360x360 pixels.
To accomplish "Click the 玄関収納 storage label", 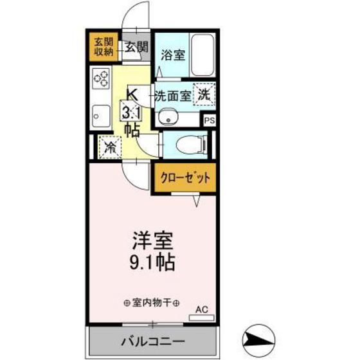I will (x=105, y=48).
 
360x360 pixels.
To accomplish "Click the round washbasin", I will (x=168, y=117).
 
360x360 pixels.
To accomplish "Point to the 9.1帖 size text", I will (x=152, y=264).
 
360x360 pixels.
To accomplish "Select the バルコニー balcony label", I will (x=153, y=341).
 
